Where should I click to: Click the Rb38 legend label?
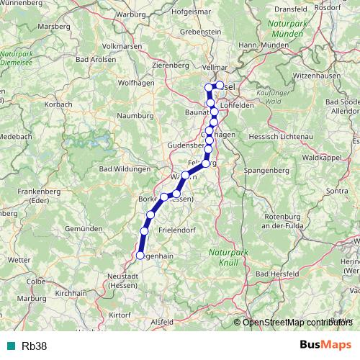coord(34,346)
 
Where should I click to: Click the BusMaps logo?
coord(326,345)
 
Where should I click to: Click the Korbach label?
coord(59,104)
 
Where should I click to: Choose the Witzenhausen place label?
coord(317,75)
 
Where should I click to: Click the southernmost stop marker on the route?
coord(140,255)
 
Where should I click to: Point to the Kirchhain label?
coord(71,294)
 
